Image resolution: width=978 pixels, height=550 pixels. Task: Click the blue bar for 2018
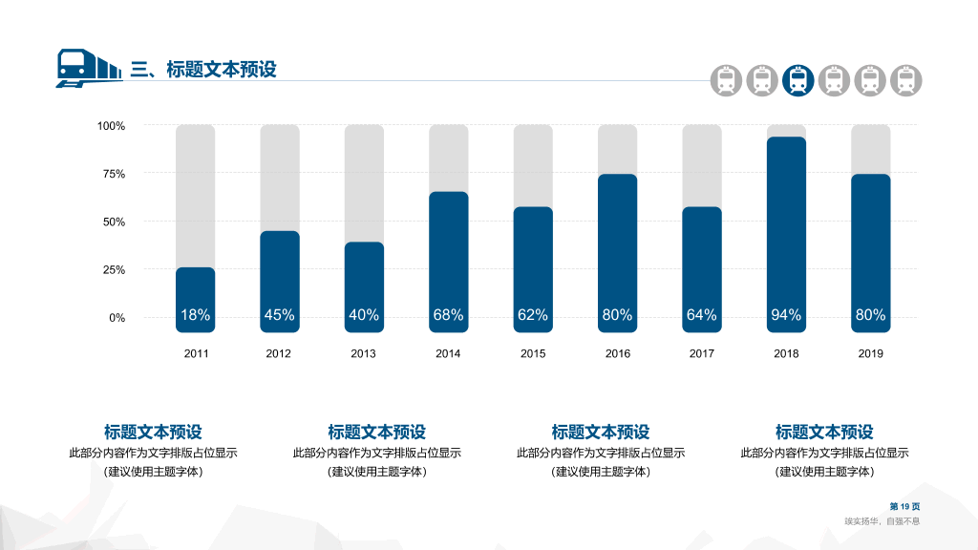point(786,235)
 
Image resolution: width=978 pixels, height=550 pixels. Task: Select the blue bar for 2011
point(195,300)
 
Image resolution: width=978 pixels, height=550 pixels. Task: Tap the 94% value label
point(786,315)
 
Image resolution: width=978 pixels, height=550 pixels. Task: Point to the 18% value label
point(195,315)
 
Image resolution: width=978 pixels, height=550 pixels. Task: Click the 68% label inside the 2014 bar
point(449,315)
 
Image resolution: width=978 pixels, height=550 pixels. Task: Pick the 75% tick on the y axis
point(115,174)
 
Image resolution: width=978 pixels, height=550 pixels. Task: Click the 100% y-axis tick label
point(111,126)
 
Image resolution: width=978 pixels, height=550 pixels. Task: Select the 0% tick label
point(117,318)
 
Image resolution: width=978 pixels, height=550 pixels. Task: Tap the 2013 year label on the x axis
point(363,353)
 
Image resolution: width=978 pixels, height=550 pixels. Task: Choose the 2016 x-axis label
point(618,353)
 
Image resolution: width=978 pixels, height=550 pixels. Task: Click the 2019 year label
point(871,353)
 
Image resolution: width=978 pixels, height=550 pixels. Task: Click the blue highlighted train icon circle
point(798,80)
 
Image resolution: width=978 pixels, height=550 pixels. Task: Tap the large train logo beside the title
point(89,68)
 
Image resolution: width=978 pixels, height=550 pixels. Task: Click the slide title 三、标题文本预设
point(203,69)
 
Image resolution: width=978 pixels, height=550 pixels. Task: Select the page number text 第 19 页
point(905,506)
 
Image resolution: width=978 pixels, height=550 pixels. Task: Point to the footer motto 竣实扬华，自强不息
point(882,521)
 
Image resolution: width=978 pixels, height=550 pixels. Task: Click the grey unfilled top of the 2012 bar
point(280,178)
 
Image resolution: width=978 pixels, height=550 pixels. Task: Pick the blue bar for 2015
point(533,269)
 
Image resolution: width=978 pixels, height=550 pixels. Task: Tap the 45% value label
point(280,315)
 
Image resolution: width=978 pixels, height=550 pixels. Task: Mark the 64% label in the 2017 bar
point(702,315)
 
